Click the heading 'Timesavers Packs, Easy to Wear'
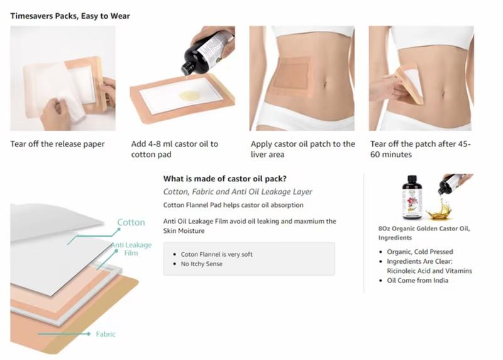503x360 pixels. (70, 16)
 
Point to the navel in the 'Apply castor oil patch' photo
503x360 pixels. (325, 84)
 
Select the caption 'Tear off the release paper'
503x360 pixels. (57, 144)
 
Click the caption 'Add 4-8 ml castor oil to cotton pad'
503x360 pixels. (175, 149)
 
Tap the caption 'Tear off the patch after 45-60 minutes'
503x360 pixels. (420, 149)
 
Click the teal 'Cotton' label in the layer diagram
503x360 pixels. (131, 222)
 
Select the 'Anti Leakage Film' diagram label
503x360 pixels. (131, 249)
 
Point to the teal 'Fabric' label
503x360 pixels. (106, 334)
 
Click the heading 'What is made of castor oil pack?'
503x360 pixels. (225, 179)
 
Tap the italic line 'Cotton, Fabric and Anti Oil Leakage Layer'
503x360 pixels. (238, 192)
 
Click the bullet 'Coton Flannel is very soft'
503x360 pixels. (216, 254)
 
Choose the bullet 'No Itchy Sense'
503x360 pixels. (201, 264)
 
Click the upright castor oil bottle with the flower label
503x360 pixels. (412, 197)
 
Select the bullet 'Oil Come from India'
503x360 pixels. (417, 280)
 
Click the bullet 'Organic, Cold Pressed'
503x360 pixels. (420, 252)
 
